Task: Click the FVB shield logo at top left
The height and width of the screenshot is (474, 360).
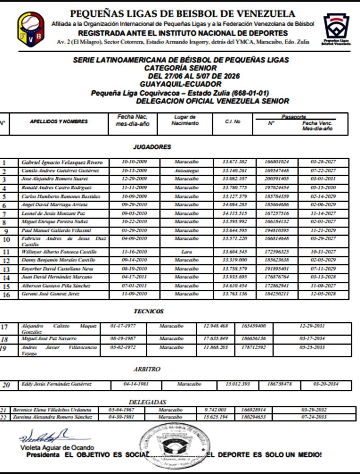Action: tap(31, 27)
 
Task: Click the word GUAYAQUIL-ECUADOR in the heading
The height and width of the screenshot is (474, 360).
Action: tap(181, 84)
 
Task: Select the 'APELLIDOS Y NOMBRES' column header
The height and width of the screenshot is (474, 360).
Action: tap(58, 121)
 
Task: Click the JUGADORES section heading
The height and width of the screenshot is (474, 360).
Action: tap(152, 147)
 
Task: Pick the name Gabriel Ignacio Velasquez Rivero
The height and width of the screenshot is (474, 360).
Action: tap(62, 162)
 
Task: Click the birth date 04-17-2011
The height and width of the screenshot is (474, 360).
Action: tap(134, 277)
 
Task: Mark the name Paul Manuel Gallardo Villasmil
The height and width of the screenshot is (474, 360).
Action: tap(56, 230)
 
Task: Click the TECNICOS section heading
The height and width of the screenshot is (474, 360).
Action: tap(149, 311)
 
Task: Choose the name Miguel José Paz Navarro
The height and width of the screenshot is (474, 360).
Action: tap(49, 339)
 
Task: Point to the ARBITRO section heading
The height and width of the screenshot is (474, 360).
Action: tap(147, 369)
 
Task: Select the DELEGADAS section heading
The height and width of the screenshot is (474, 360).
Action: tap(148, 402)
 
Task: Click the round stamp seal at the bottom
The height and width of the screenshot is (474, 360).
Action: tap(174, 445)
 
